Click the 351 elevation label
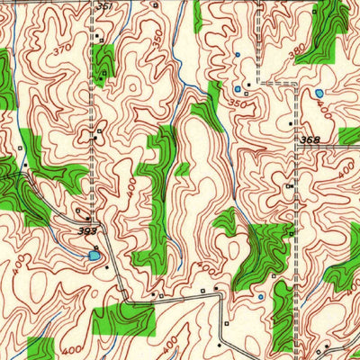click(x=105, y=6)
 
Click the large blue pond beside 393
click(x=94, y=256)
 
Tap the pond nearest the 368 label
click(x=319, y=93)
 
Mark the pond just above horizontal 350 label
click(x=238, y=90)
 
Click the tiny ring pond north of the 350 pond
click(x=237, y=55)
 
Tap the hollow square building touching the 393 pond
click(x=96, y=247)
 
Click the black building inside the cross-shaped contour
click(x=96, y=138)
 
